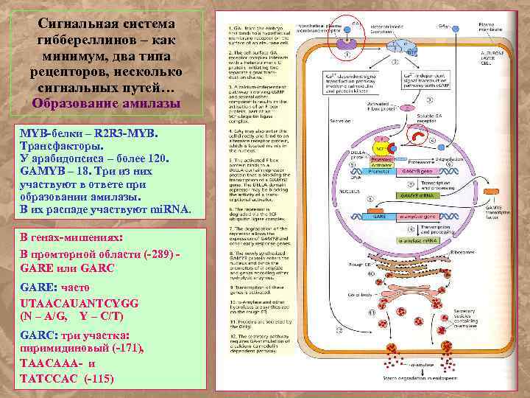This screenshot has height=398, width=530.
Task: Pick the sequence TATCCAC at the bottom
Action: coord(49,379)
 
